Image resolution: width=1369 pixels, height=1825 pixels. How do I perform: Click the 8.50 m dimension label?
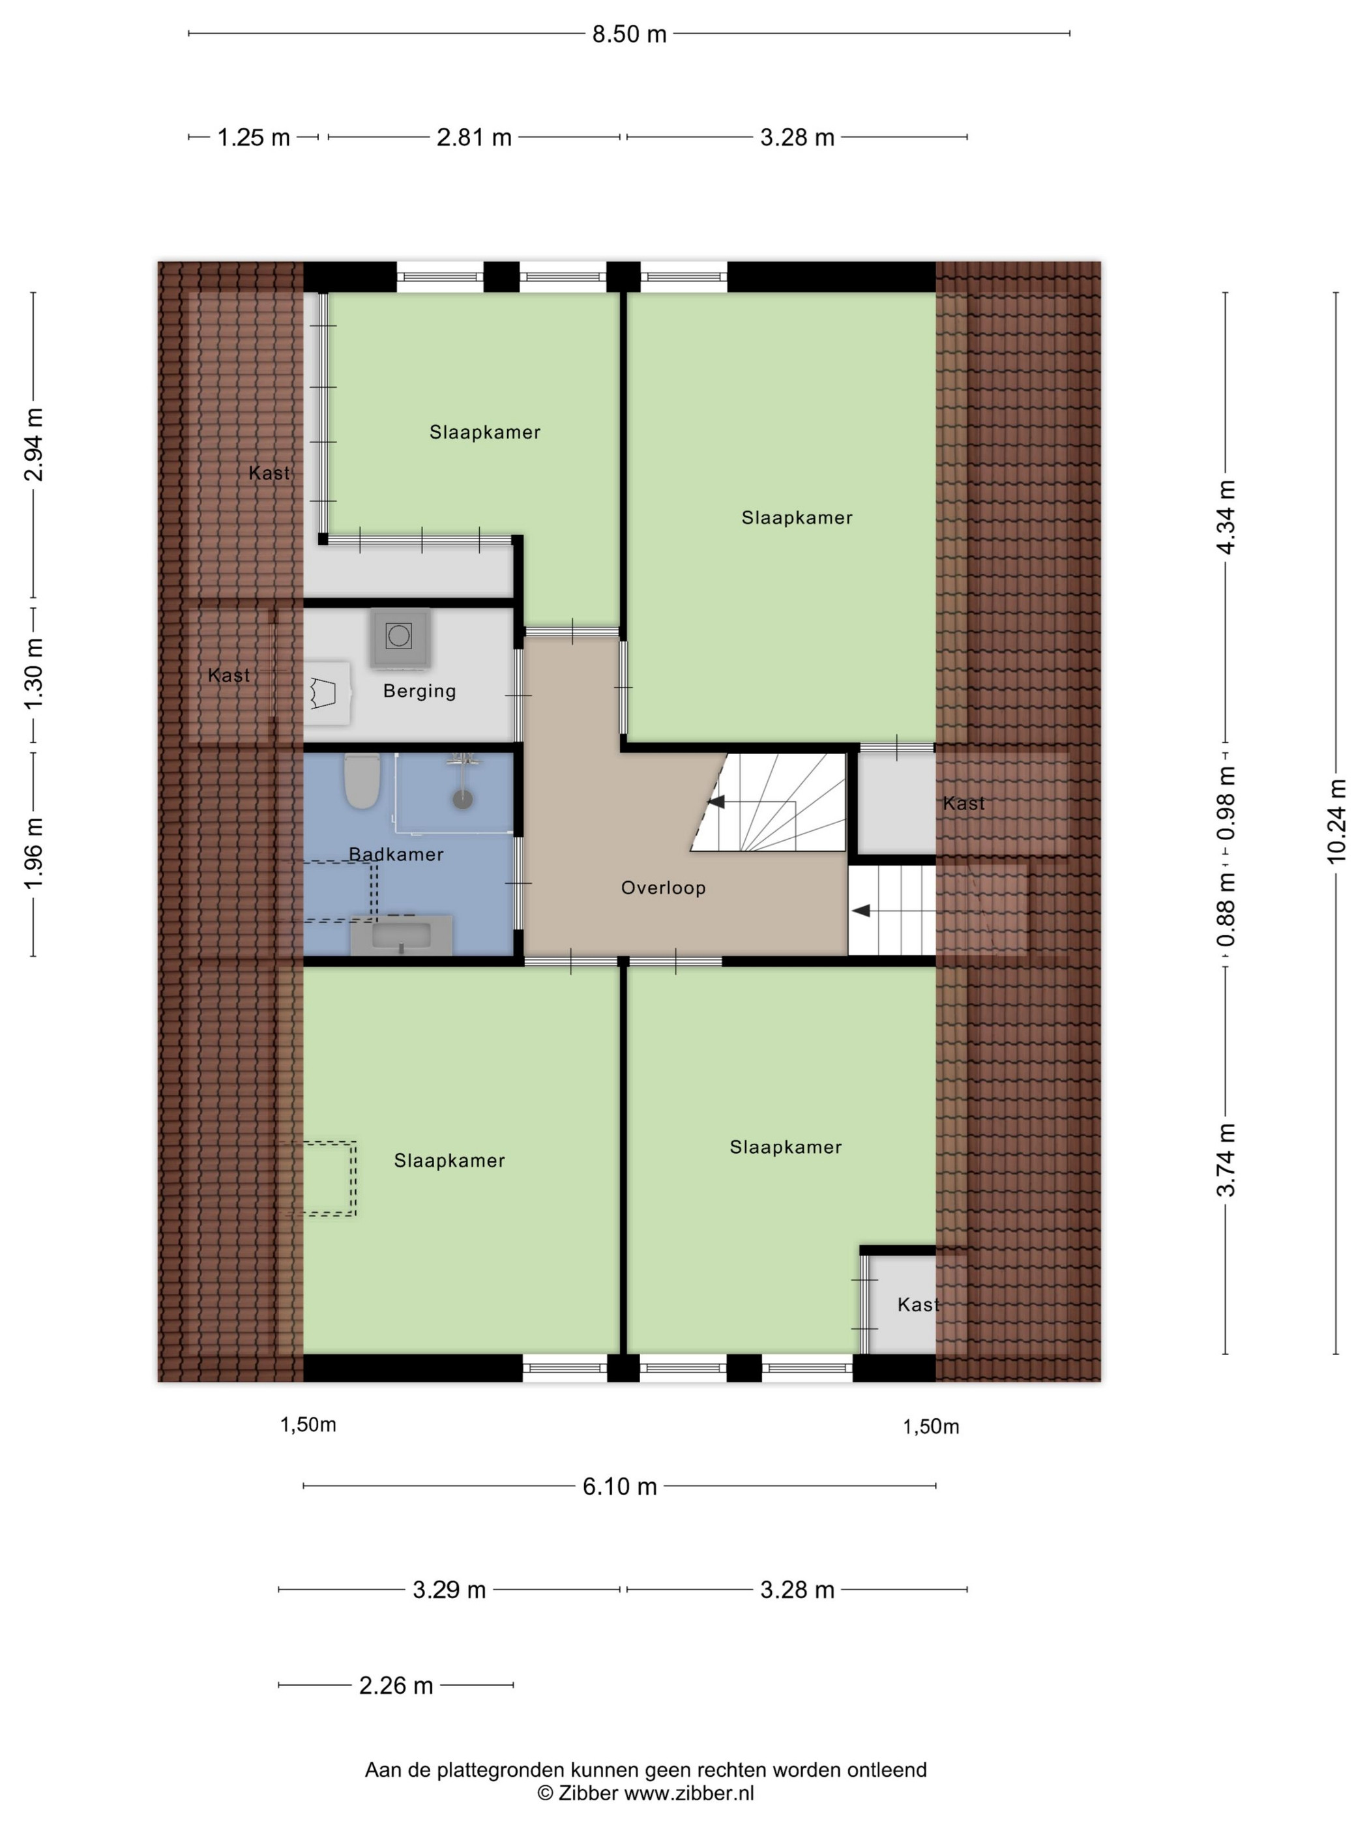(x=629, y=35)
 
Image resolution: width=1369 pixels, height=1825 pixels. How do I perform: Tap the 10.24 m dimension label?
(x=1337, y=821)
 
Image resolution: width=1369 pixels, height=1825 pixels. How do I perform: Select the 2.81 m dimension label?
(x=474, y=138)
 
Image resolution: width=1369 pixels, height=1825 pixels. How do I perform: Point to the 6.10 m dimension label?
(x=620, y=1487)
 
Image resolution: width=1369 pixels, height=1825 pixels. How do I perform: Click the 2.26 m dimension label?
(x=396, y=1686)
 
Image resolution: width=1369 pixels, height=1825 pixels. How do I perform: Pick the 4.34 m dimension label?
(x=1226, y=518)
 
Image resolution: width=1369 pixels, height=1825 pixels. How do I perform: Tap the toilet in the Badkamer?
(x=361, y=780)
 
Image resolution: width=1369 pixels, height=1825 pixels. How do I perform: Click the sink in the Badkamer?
(x=402, y=935)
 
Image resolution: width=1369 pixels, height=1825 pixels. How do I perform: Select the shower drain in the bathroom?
(x=463, y=798)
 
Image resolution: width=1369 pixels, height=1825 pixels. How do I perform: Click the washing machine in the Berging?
(x=400, y=637)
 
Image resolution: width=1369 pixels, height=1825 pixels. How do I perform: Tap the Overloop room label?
(x=664, y=888)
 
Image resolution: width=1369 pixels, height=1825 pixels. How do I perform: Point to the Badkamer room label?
(x=396, y=854)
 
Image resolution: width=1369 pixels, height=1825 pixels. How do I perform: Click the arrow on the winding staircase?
(x=714, y=801)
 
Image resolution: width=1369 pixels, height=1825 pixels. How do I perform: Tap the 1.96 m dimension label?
(x=34, y=854)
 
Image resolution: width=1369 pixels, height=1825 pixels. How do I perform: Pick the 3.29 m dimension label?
(x=449, y=1590)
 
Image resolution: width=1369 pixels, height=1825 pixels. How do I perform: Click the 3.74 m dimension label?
(x=1226, y=1159)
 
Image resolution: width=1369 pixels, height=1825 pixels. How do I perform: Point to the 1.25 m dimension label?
(x=254, y=138)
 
